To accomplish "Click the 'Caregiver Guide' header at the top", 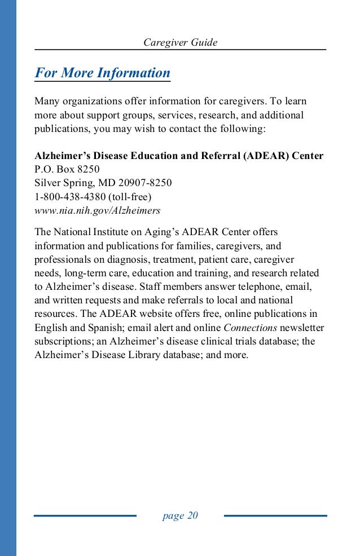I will tap(180, 42).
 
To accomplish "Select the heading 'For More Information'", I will tap(102, 73).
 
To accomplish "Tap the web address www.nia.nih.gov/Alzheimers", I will tap(98, 210).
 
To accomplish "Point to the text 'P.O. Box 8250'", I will tap(67, 169).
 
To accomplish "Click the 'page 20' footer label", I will tap(180, 515).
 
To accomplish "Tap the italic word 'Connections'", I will tap(250, 328).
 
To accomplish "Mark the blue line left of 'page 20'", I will tap(85, 515).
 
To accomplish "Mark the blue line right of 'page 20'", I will tap(275, 515).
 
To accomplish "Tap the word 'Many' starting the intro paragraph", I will tap(47, 102).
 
